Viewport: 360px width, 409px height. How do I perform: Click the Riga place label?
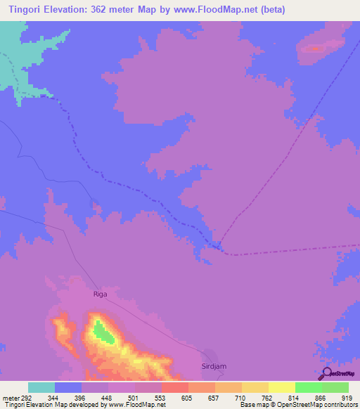pos(101,294)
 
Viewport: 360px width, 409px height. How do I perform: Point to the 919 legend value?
pos(347,398)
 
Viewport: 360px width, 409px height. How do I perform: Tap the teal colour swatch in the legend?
pos(41,387)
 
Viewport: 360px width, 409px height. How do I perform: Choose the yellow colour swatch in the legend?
pos(281,387)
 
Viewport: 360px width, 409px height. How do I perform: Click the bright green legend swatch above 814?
pos(308,387)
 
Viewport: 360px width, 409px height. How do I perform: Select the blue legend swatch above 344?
pos(68,387)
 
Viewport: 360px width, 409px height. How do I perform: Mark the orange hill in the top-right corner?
pos(314,48)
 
